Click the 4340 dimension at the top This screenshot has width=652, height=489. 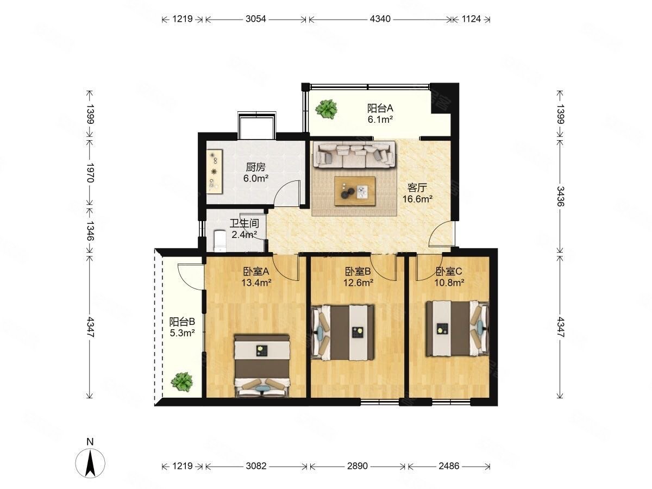(380, 19)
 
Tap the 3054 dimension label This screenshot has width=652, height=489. (255, 19)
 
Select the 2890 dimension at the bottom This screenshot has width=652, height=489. (358, 466)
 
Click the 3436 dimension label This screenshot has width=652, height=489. (560, 196)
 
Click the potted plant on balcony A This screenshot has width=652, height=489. (326, 109)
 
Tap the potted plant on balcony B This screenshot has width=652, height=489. (181, 382)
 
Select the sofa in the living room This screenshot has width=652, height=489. (355, 155)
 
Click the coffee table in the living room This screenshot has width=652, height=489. (355, 191)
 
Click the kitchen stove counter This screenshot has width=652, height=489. (215, 172)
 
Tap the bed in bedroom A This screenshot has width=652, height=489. (262, 366)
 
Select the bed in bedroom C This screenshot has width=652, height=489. (457, 328)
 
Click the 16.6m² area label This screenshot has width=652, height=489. (417, 199)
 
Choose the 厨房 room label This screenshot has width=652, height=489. (255, 167)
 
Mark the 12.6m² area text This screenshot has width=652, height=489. (358, 283)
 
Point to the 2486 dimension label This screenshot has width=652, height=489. (449, 466)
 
